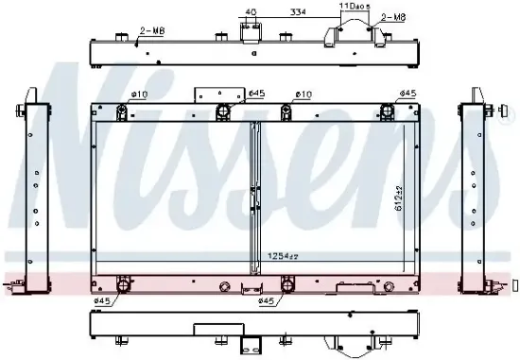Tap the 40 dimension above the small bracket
250,12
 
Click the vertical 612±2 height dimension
399,197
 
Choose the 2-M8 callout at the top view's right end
393,18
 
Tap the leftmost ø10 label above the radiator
139,94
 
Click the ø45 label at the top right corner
407,93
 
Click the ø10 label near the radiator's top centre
303,94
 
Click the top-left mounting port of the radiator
123,113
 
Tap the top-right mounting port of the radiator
387,113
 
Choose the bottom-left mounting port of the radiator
122,284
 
